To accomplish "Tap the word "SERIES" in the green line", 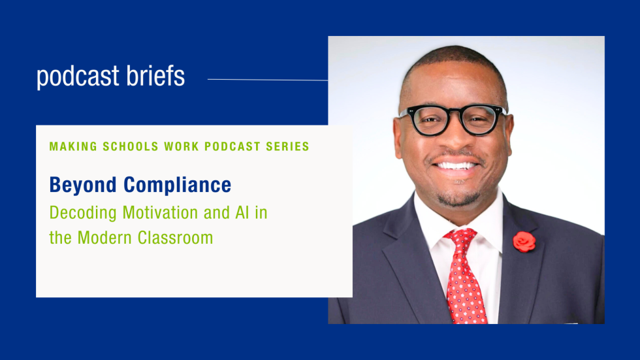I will (287, 146).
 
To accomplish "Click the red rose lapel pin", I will (524, 242).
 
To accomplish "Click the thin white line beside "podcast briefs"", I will (268, 80).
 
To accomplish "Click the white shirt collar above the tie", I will (434, 225).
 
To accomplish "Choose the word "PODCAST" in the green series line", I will (231, 146).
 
